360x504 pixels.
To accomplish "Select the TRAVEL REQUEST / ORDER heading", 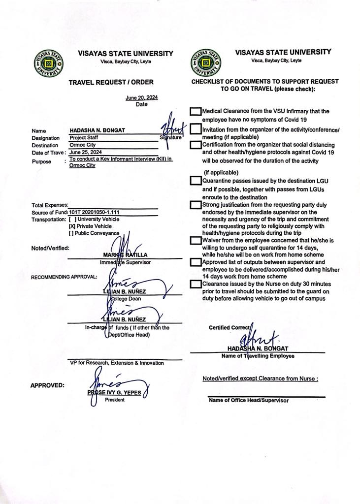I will pyautogui.click(x=111, y=82).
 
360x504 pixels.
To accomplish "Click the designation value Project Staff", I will pyautogui.click(x=84, y=138).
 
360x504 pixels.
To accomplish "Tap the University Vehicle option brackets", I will pyautogui.click(x=72, y=219).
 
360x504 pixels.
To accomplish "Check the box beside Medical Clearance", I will pyautogui.click(x=196, y=112).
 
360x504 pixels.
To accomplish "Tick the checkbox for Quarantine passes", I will pyautogui.click(x=196, y=181).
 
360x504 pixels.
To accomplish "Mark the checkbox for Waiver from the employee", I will pyautogui.click(x=196, y=241).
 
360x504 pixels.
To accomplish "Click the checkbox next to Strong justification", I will pyautogui.click(x=196, y=205).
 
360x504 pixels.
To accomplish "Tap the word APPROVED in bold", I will pyautogui.click(x=47, y=385).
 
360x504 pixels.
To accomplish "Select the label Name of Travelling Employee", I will pyautogui.click(x=258, y=355).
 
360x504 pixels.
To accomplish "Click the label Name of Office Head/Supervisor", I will pyautogui.click(x=249, y=401).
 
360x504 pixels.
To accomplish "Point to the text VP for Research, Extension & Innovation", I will pyautogui.click(x=117, y=363).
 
